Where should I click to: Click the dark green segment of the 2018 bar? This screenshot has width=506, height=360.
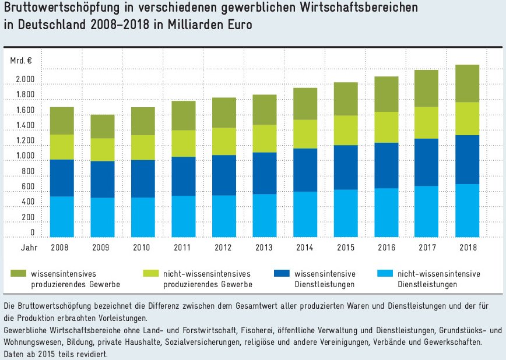click(466, 83)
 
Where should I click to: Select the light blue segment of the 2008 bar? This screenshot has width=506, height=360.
click(61, 217)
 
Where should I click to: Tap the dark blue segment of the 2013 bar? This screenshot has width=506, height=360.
click(264, 173)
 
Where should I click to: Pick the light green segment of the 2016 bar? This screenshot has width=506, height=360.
click(386, 127)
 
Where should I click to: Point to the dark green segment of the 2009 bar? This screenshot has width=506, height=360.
click(102, 126)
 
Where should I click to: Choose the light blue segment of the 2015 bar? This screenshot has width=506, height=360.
click(345, 213)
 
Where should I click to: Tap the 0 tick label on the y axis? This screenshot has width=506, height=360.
click(32, 232)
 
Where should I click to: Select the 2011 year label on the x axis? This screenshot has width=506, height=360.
click(183, 247)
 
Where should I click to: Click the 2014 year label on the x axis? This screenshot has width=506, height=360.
click(305, 247)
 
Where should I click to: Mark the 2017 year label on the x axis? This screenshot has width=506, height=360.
click(427, 247)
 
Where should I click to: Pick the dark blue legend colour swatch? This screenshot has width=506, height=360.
click(283, 273)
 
